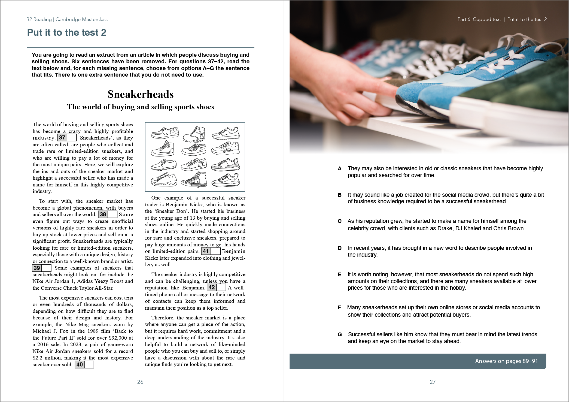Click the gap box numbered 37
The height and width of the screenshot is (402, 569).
67,138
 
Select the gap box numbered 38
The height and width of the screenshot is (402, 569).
108,214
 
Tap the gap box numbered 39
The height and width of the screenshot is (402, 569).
42,268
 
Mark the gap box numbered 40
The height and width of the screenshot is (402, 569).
84,365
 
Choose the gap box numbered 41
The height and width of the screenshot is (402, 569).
211,251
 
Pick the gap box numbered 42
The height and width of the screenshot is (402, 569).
217,288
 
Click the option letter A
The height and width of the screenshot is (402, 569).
340,169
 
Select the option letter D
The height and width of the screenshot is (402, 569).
340,248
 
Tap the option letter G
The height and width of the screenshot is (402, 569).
340,335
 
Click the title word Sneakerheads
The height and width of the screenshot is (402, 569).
141,94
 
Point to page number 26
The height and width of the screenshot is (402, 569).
140,382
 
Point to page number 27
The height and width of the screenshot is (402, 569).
433,382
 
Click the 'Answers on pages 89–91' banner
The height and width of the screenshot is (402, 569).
418,361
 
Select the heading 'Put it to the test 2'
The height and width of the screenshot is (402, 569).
67,32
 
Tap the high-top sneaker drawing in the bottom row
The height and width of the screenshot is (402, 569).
194,179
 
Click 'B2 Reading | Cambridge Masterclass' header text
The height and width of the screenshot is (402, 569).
67,19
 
